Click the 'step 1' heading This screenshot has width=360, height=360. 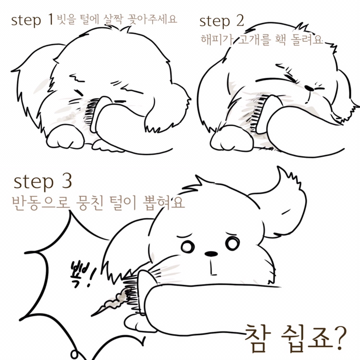(32, 20)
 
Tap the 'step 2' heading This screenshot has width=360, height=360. (222, 21)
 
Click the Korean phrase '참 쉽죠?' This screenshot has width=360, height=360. (296, 338)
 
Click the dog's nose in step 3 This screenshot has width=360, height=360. (211, 254)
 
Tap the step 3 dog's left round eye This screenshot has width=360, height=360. (188, 247)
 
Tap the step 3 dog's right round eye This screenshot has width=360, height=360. (232, 243)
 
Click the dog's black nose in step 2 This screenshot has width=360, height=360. (309, 88)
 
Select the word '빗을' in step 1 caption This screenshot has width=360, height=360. (66, 19)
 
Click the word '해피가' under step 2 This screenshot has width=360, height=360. (217, 39)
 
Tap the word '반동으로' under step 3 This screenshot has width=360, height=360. (41, 203)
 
